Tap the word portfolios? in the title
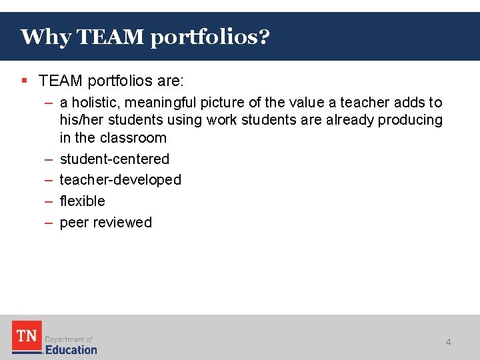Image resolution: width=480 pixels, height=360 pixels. (210, 37)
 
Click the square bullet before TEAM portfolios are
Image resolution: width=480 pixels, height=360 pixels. (24, 81)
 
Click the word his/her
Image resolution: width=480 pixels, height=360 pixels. (79, 120)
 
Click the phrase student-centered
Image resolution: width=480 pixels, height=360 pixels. (115, 159)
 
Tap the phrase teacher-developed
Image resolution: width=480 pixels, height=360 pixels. (121, 180)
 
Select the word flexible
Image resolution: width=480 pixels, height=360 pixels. (83, 201)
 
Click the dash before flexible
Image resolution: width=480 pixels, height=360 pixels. (49, 201)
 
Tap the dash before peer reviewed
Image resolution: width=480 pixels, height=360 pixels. (49, 223)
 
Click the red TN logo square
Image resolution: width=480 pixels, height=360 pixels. (27, 336)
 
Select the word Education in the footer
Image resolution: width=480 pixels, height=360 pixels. (71, 349)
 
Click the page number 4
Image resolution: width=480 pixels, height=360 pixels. (448, 342)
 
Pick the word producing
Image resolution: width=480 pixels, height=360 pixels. (410, 120)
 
